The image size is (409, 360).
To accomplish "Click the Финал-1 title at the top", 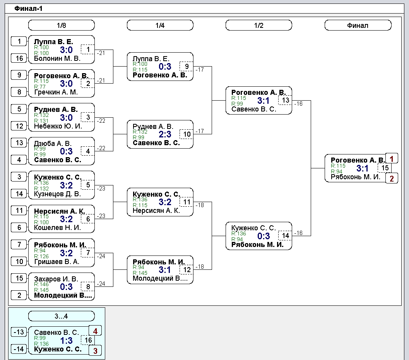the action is [28, 9].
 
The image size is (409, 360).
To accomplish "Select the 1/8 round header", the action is [61, 25].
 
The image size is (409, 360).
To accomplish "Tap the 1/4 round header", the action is [160, 25].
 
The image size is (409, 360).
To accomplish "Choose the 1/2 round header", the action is [258, 25].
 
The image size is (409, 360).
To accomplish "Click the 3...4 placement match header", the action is [61, 316].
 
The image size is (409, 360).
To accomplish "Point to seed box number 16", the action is [19, 58].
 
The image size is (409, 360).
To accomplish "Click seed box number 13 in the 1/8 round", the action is [19, 143].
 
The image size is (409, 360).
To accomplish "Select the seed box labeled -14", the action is [19, 349].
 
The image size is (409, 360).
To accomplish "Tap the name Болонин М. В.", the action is [57, 58].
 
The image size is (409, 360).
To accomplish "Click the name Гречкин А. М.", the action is [56, 92].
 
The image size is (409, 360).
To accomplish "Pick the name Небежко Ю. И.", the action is [58, 126].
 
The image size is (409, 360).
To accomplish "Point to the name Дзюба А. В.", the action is [53, 144].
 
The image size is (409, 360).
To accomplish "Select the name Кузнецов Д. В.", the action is [57, 194].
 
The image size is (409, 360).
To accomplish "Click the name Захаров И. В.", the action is [56, 279].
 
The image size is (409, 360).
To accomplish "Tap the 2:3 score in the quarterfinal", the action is [165, 134].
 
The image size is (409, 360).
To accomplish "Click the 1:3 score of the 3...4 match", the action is [66, 340].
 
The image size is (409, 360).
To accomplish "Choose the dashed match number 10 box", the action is [187, 134].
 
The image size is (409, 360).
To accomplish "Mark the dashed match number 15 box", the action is [385, 168].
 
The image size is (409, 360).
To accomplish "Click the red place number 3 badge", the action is [95, 351].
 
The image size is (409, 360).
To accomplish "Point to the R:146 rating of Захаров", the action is [41, 285].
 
